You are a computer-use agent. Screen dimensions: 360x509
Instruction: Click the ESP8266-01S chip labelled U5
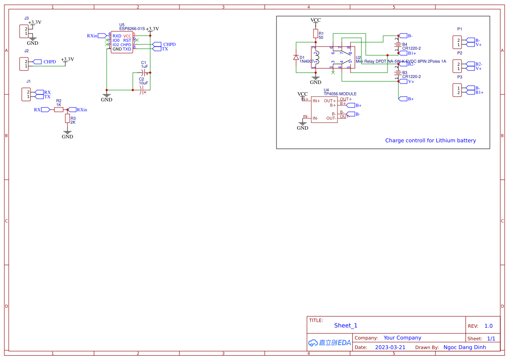tap(122, 42)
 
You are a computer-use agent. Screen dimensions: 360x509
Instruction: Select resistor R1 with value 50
tap(316, 34)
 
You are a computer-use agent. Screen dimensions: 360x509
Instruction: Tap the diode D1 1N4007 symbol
tap(296, 57)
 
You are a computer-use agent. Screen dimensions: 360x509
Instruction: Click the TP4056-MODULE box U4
tap(324, 109)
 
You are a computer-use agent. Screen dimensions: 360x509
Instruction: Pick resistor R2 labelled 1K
tap(59, 110)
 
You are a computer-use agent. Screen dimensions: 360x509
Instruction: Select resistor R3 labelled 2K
tap(67, 118)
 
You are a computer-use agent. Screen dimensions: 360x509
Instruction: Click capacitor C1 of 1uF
tap(144, 73)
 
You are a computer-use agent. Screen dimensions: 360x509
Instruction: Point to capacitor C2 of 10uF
tap(142, 90)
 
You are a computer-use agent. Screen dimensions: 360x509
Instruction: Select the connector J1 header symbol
tap(26, 94)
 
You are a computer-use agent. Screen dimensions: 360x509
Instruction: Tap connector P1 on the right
tap(457, 42)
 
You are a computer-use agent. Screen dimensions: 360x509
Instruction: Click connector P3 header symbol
tap(457, 90)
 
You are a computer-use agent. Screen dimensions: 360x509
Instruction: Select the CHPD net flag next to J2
tap(37, 62)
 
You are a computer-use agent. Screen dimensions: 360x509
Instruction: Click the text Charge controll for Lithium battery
tap(430, 141)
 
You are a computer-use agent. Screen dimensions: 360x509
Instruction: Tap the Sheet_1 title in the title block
tap(346, 326)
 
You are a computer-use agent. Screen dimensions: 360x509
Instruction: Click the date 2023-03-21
tap(390, 347)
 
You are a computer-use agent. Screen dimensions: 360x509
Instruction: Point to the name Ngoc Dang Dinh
tap(465, 347)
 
